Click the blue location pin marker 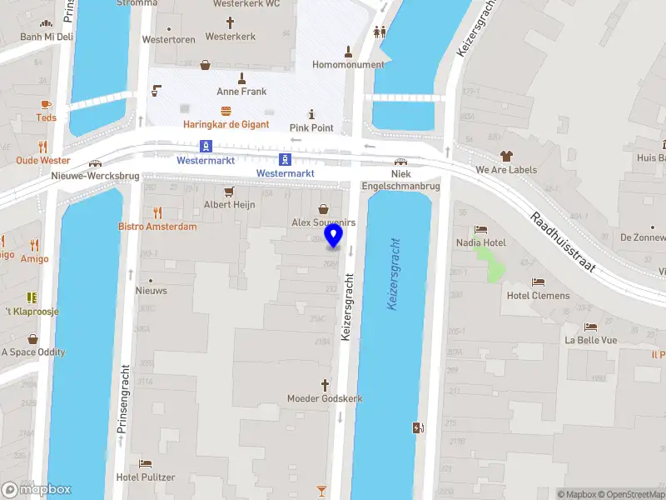click(334, 235)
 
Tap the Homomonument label click(348, 64)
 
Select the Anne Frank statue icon click(241, 78)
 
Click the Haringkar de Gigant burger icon click(226, 111)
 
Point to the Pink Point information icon click(311, 114)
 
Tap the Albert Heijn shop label click(229, 204)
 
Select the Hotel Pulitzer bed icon click(146, 464)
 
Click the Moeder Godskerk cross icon click(325, 385)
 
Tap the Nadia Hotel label click(481, 242)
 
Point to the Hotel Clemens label click(539, 296)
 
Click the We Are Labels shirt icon click(505, 156)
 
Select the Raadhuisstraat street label click(574, 242)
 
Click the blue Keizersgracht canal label click(395, 274)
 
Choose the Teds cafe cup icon click(46, 104)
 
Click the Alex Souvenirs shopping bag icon click(324, 209)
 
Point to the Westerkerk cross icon click(230, 23)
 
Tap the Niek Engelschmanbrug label click(400, 180)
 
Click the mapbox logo click(37, 489)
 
